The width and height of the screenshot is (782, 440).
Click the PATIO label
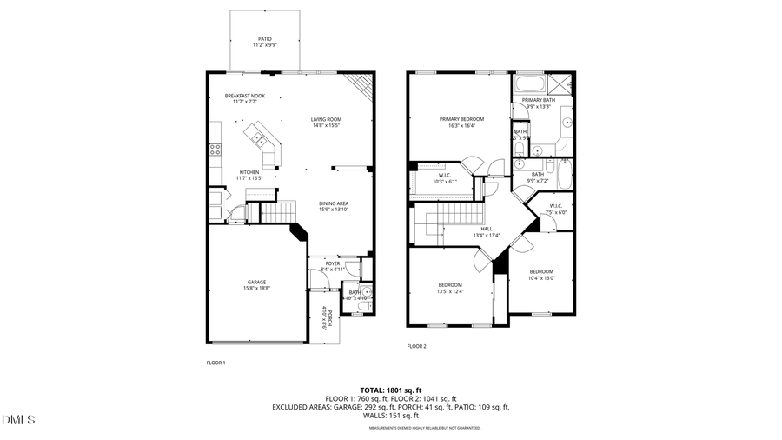pos(264,39)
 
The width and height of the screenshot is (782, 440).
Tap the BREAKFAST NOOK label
pos(245,96)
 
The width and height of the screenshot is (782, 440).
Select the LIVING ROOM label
pos(326,119)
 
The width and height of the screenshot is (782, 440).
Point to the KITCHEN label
pos(249,172)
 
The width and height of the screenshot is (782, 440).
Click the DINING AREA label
pos(334,203)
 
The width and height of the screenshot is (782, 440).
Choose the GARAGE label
pos(256,282)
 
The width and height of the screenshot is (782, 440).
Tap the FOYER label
pos(333,263)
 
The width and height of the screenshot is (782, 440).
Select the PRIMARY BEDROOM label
pos(461,119)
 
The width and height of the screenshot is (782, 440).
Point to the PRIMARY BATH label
pos(539,101)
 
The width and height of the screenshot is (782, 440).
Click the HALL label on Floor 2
pos(487,229)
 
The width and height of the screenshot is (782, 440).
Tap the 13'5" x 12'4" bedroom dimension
pos(450,291)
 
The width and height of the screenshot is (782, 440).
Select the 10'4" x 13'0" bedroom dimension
pos(541,278)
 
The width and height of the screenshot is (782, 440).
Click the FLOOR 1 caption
pos(215,362)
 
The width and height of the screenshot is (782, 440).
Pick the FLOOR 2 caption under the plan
pos(417,346)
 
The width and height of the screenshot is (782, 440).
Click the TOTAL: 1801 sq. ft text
pos(390,390)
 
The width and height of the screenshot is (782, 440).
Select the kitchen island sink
pos(258,137)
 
